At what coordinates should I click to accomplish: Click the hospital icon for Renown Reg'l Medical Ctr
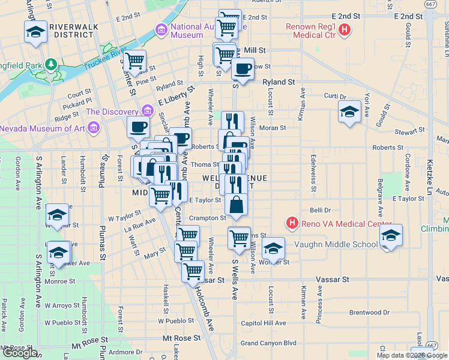tap(344, 29)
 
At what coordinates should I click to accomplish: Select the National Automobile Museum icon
tap(160, 29)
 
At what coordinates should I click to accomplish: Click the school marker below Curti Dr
tap(349, 112)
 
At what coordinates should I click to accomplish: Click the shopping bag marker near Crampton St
tap(238, 204)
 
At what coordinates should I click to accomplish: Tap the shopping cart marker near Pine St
tap(135, 61)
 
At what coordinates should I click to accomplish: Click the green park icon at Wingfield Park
tap(51, 63)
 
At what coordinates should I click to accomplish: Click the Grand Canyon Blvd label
tap(268, 343)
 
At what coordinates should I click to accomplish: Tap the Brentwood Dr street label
tap(369, 313)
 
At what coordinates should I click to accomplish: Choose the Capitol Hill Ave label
tap(263, 323)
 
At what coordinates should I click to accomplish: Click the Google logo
tap(20, 353)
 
